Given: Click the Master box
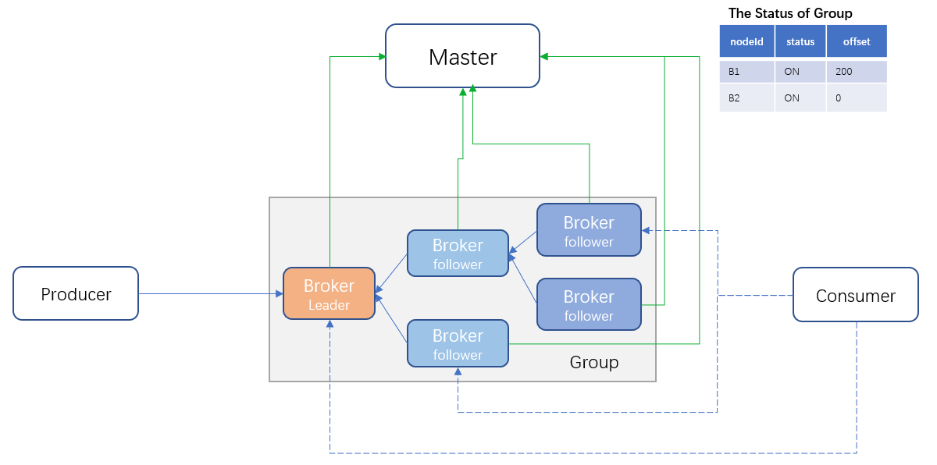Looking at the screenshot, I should pos(462,56).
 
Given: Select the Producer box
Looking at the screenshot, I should pos(76,294).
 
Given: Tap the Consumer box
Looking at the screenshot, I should pos(855,295).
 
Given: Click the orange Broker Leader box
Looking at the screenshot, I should pos(329,293).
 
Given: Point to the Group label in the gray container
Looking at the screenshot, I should pos(593,362).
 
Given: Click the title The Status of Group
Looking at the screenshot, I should pos(790,13).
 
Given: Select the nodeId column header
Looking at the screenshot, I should pos(746,41).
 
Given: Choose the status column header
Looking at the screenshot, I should pos(800,41).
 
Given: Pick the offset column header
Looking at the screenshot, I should pos(857,41).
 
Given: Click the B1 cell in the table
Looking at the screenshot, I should pos(735,71).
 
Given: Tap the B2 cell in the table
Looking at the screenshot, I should pos(735,98).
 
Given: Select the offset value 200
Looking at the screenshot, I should pos(843,71).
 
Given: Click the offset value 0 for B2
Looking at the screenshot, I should pos(839,98).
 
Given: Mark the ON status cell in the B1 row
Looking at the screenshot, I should pos(792,71).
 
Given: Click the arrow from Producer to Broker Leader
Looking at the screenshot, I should pos(211,294).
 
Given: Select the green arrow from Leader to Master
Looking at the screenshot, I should pos(330,156).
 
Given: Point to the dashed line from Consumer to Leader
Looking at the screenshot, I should pos(593,453).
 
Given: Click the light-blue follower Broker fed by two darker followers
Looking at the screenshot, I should pos(458,254).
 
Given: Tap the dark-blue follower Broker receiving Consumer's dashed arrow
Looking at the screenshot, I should pos(589,230).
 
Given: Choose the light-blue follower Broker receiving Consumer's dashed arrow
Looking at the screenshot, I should pos(458,344).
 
